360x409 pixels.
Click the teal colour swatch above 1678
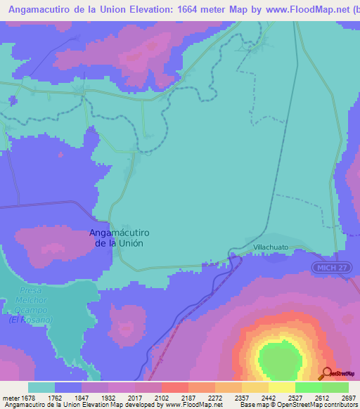[x=41, y=387]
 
